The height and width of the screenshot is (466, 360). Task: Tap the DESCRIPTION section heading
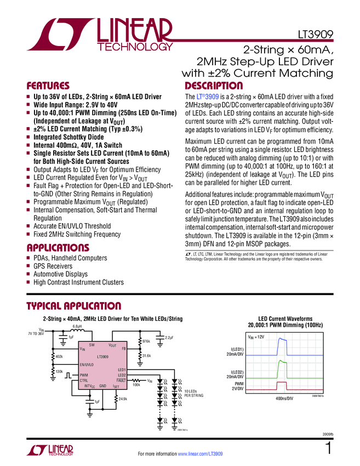pos(213,86)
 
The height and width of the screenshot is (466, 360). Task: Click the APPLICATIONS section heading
pos(58,247)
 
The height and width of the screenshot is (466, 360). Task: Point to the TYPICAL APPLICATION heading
pos(74,306)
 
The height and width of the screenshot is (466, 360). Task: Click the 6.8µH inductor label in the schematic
pos(77,327)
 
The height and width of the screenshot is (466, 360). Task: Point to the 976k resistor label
pos(146,341)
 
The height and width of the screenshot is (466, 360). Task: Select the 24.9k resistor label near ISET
pos(123,399)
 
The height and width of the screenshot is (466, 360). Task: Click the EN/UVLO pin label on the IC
pos(87,364)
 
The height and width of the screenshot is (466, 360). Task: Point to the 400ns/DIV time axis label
pos(283,397)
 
